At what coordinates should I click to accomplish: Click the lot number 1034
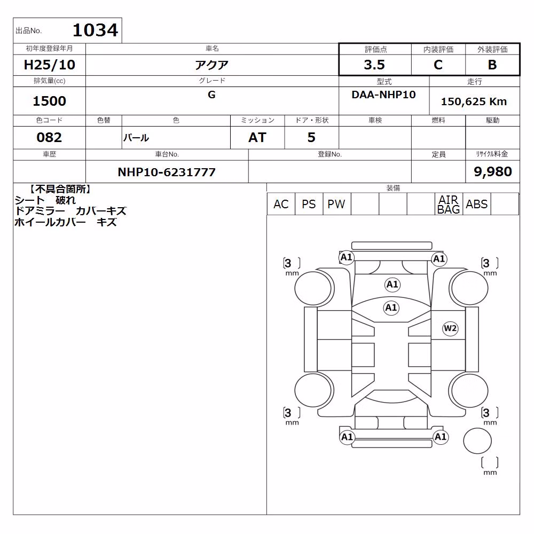96,30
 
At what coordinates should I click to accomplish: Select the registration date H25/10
49,65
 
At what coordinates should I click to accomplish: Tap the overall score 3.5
374,65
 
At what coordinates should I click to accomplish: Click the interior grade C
438,65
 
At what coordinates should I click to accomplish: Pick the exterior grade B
492,65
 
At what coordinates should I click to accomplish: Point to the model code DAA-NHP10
383,95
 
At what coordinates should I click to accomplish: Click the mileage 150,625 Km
474,101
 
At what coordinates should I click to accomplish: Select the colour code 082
49,137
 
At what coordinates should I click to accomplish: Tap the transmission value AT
257,137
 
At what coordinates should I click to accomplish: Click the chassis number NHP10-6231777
167,172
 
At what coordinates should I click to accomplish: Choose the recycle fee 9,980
492,171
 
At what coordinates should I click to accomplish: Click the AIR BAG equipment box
449,205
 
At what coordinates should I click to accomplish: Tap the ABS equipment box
476,205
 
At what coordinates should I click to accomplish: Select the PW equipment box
336,205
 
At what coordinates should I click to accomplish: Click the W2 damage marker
450,328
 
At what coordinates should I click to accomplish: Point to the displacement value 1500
49,101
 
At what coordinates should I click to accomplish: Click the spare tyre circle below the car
477,441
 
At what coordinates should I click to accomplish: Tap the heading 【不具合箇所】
60,190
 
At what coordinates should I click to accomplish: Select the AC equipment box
281,205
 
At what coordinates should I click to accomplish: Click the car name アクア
211,65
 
